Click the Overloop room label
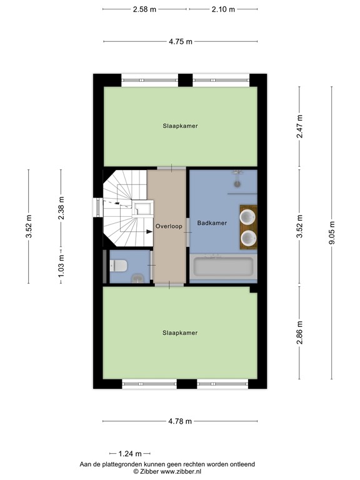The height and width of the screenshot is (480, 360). pos(169,226)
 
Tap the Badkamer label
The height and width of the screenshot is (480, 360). pos(211,222)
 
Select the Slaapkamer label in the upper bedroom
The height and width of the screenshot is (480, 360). pos(180,126)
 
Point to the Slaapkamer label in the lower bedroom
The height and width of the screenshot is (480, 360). pos(180,332)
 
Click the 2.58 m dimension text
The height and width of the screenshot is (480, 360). pos(144,9)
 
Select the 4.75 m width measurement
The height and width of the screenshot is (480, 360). pos(180,41)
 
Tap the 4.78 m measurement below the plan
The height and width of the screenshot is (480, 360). pos(180,422)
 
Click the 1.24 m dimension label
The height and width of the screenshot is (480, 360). pos(129,453)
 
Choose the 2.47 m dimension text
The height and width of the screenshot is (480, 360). pos(300,127)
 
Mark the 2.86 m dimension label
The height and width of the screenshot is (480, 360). pos(300,332)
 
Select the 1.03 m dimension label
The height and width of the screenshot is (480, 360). pos(61,266)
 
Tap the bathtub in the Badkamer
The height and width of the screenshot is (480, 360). pos(223,267)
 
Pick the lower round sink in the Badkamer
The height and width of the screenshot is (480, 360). pos(248,237)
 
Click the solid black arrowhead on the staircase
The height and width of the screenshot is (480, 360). pos(149,232)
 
